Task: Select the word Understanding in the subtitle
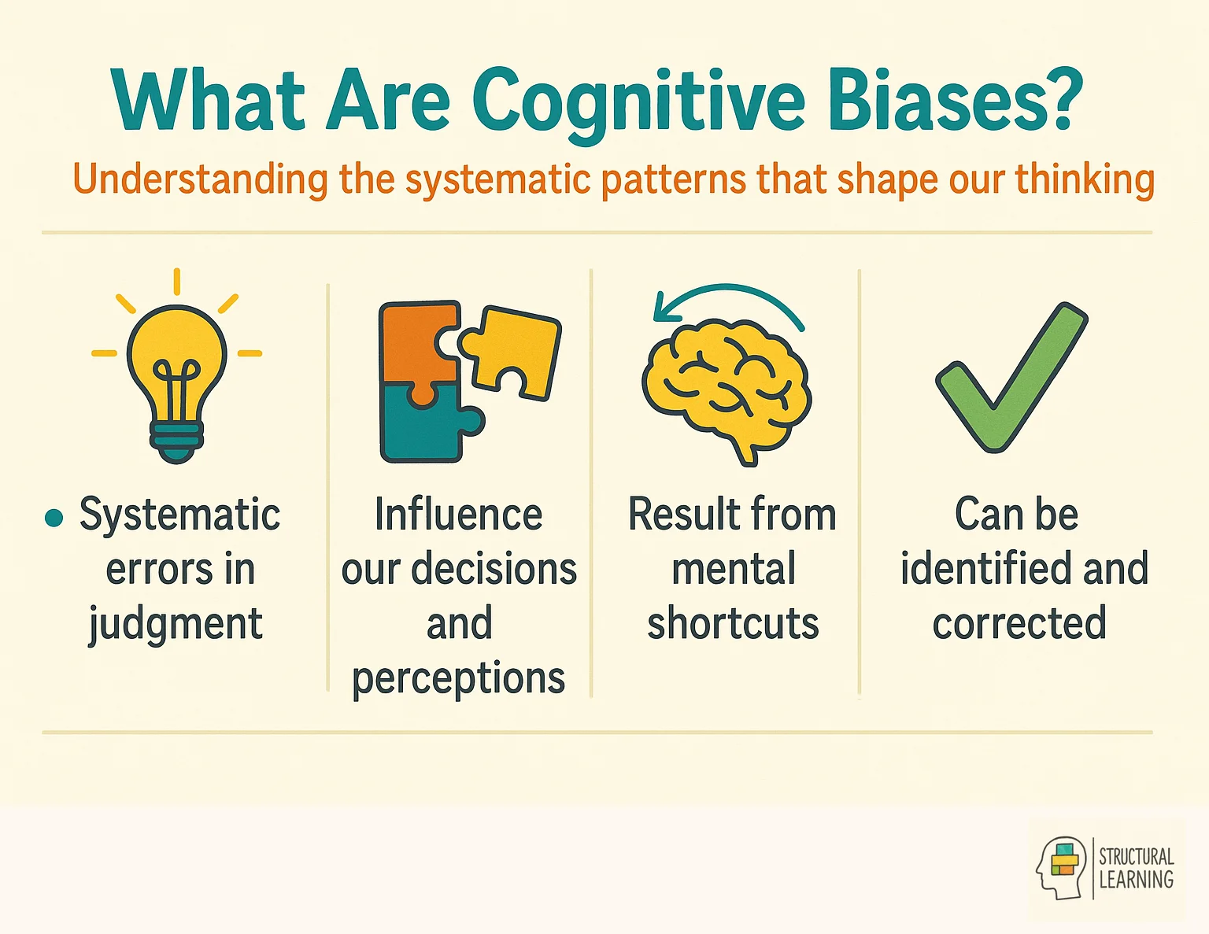200,179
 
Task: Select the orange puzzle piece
416,342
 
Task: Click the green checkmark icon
1011,378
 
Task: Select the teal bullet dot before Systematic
54,518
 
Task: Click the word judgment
176,625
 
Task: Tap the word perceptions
458,678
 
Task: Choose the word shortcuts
733,623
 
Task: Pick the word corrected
1019,623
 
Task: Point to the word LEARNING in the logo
1136,880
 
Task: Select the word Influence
458,515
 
